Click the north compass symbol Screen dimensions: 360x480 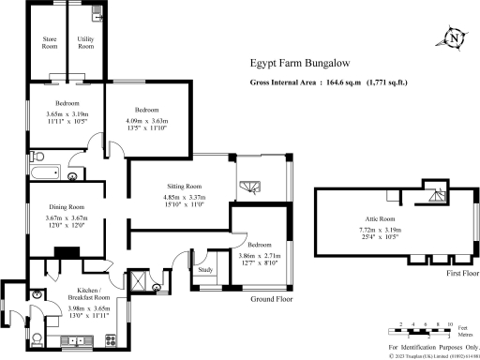coord(454,38)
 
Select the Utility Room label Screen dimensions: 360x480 coord(85,42)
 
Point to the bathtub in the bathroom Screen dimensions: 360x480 coord(44,173)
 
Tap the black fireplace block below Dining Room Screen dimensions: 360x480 coord(67,251)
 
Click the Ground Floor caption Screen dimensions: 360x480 coord(272,298)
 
